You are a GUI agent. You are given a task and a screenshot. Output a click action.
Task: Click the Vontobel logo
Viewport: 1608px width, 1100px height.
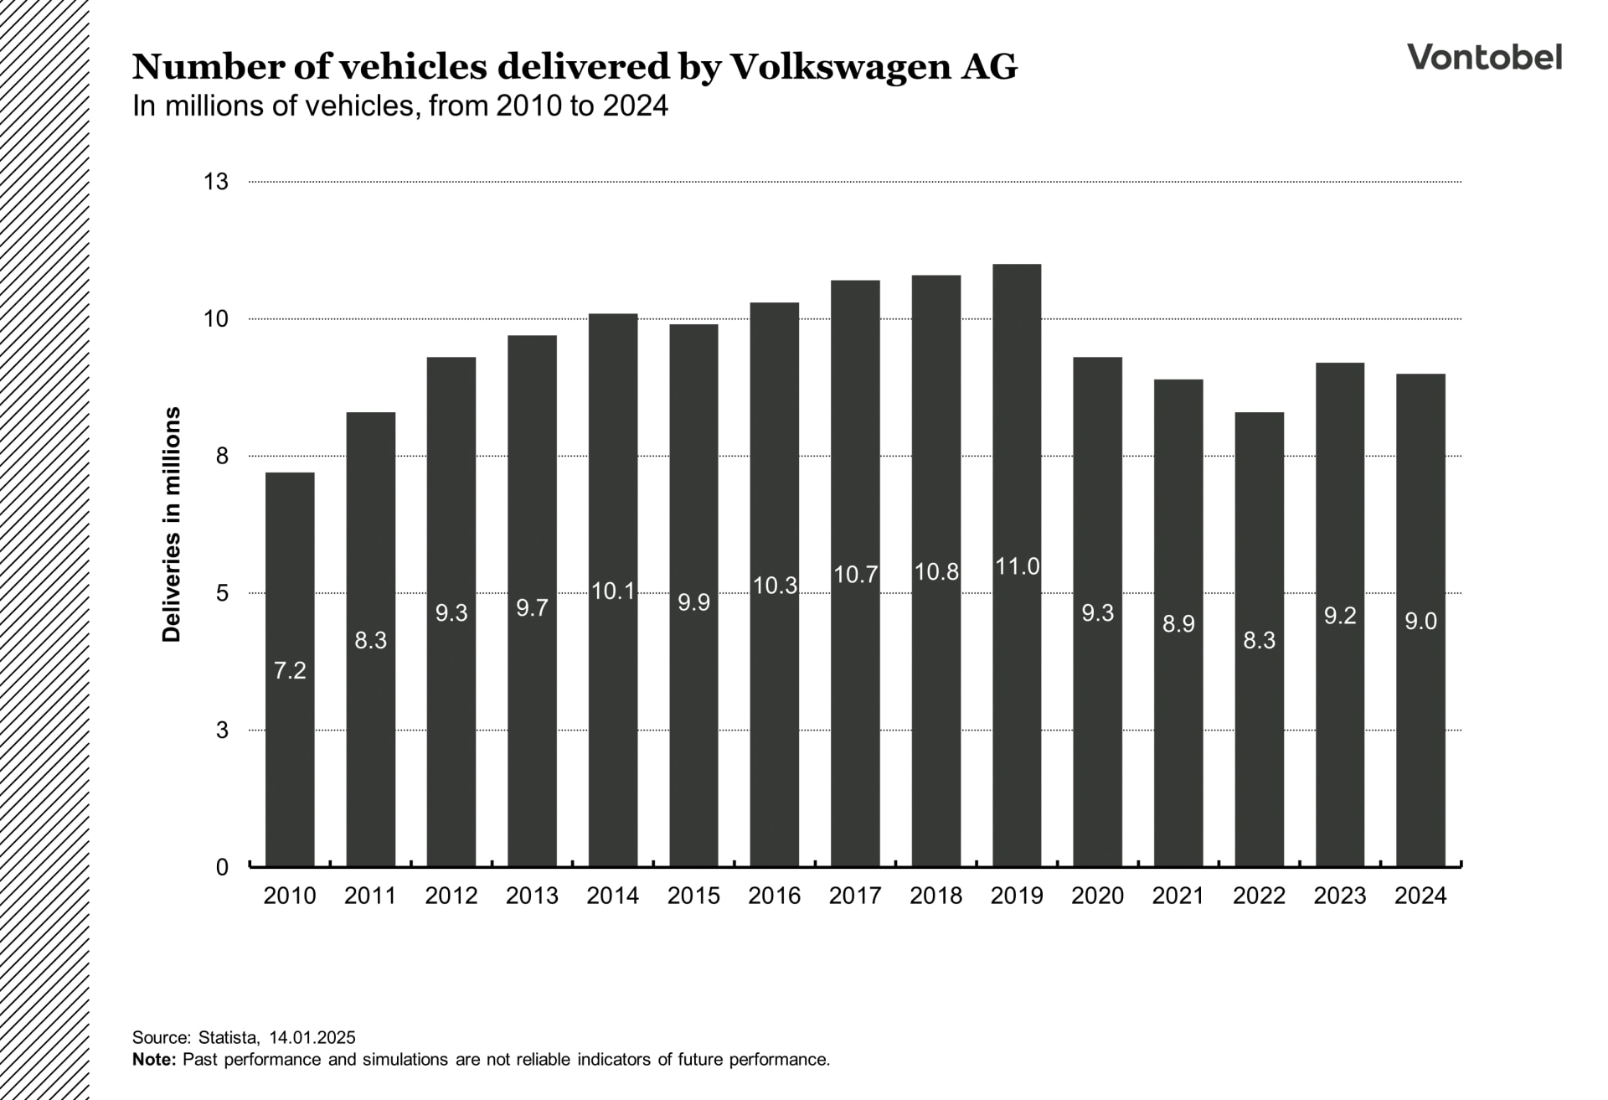point(1484,57)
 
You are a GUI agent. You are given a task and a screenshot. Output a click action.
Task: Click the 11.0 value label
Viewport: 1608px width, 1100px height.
point(1017,567)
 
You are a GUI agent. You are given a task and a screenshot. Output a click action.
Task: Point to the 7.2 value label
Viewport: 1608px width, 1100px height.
point(290,670)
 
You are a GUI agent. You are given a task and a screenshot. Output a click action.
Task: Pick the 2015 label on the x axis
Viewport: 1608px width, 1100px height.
point(693,896)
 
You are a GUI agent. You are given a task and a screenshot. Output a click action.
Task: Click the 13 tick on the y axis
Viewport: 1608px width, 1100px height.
point(216,182)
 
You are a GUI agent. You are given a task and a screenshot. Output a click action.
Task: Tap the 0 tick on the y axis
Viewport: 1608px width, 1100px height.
point(222,867)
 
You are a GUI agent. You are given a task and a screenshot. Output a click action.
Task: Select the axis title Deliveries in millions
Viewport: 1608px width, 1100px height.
point(172,524)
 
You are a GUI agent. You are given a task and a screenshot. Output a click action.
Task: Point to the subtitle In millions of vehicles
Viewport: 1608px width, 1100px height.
point(399,106)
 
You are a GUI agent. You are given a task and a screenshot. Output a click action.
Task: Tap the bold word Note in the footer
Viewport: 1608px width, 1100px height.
point(153,1059)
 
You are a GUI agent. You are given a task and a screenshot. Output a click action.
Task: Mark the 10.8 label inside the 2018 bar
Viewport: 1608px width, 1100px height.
point(935,572)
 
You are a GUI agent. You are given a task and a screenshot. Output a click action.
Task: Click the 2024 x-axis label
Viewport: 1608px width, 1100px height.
point(1420,896)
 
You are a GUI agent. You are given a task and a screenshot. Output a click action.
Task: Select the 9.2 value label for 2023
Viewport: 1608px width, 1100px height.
point(1339,616)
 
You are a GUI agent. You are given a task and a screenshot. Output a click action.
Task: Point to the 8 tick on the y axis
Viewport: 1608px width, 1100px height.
point(222,456)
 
